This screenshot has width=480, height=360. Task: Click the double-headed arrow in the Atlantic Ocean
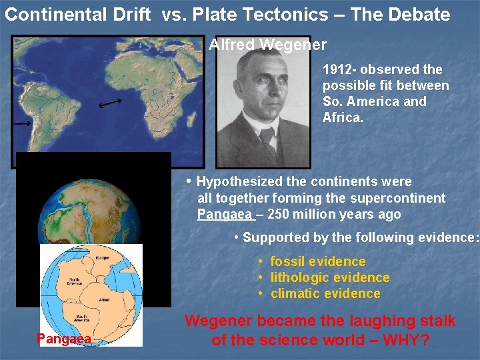tap(110, 103)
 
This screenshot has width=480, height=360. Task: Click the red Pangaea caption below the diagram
tap(63, 339)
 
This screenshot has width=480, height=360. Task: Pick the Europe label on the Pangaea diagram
tap(101, 257)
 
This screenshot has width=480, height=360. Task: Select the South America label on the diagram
tap(84, 319)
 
